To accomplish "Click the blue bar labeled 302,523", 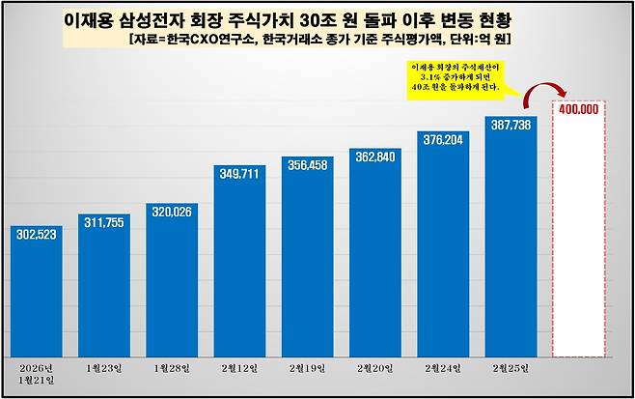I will (x=36, y=295).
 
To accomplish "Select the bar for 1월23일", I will (x=103, y=290).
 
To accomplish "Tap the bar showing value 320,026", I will (x=171, y=285).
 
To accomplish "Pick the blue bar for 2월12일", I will (x=239, y=266).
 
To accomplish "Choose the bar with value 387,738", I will (x=511, y=242).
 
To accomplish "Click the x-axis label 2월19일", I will (x=307, y=368).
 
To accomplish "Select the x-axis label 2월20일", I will (x=374, y=368).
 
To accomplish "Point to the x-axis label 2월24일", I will (x=442, y=368).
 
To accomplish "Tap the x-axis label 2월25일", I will (x=511, y=368).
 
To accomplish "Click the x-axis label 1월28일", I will (x=171, y=368).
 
